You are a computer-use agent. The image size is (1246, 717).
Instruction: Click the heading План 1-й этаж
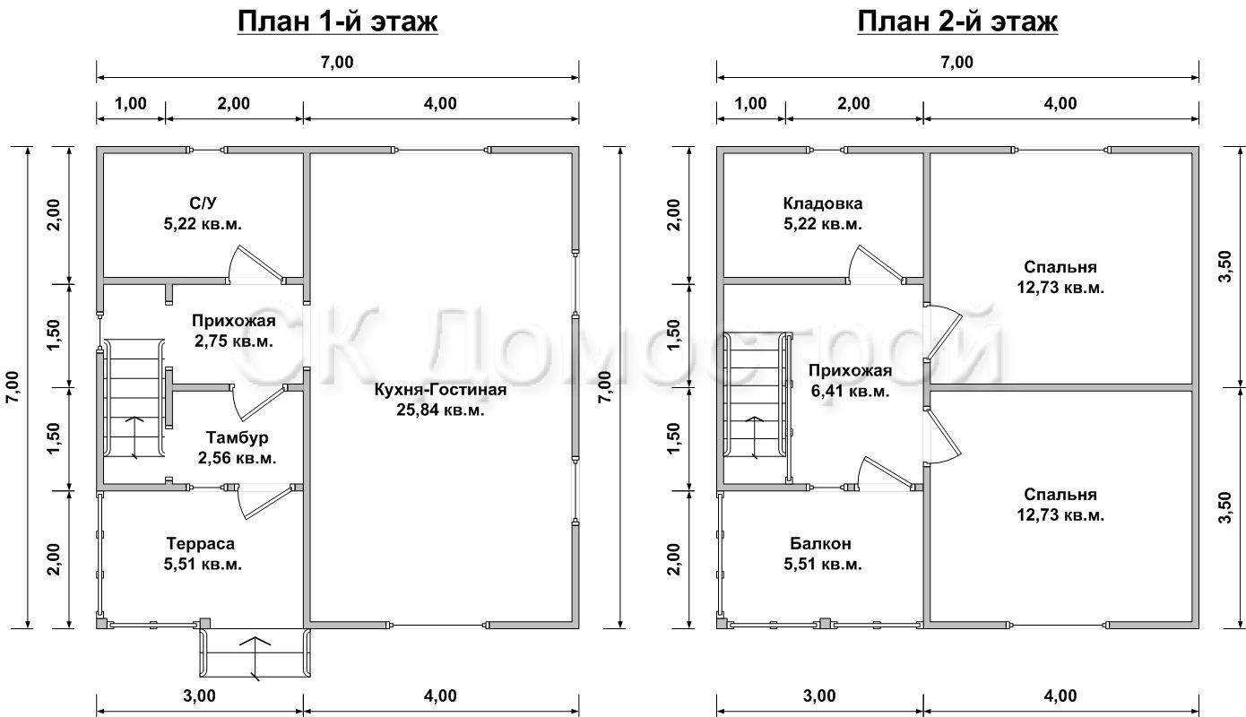(338, 22)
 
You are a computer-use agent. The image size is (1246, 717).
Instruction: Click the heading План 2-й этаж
(957, 22)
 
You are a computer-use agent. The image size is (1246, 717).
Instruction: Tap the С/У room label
(203, 203)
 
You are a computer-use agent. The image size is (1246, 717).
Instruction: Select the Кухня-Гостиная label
(440, 389)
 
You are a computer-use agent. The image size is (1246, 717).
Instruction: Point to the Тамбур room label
(237, 437)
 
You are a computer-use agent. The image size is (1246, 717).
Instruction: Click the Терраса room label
(200, 543)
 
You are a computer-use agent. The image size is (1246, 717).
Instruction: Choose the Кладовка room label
(823, 203)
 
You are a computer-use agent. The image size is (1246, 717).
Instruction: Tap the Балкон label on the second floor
(820, 543)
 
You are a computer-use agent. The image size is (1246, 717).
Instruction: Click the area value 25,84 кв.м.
(440, 410)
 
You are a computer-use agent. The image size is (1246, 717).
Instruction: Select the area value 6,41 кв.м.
(850, 391)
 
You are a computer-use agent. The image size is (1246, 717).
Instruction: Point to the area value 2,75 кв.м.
(234, 341)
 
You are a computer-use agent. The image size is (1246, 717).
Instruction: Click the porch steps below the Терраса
(255, 653)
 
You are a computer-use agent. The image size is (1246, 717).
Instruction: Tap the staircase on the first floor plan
(134, 399)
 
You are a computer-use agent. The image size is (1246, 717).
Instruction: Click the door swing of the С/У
(255, 264)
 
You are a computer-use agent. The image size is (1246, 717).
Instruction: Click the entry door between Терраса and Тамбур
(264, 501)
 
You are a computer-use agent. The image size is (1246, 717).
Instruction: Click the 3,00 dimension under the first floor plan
(200, 695)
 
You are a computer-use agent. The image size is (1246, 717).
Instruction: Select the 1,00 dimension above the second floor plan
(751, 103)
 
